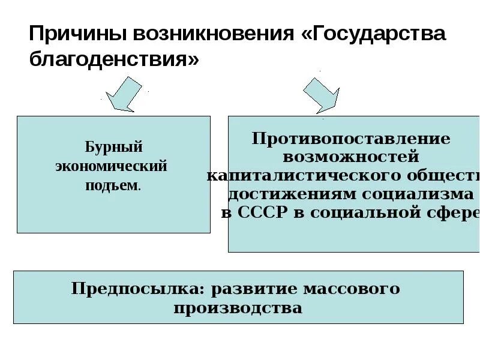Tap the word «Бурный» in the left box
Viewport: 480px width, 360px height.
pos(113,148)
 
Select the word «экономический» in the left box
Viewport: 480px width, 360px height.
pos(111,166)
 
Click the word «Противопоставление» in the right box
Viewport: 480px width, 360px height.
pos(351,139)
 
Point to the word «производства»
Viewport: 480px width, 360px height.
pos(238,308)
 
